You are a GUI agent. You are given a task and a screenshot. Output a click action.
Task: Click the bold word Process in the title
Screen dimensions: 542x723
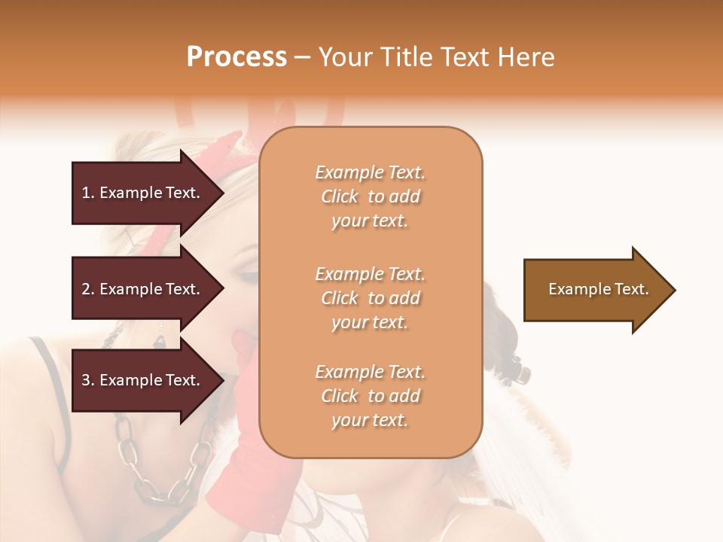[x=236, y=57]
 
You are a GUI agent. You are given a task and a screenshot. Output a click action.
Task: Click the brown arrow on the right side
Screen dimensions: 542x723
[x=595, y=289]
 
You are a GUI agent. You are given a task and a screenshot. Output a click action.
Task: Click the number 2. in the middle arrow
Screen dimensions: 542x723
[x=88, y=289]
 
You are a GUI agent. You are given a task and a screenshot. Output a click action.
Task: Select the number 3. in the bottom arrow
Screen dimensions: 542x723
[x=88, y=380]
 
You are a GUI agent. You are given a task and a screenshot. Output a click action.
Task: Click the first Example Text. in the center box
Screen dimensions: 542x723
[x=370, y=172]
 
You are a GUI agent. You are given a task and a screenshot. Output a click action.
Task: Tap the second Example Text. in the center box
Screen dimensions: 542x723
[x=370, y=273]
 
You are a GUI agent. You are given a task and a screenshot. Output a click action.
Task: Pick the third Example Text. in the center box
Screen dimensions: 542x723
[x=370, y=372]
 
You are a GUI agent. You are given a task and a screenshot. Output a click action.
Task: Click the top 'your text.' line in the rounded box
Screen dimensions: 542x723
[x=370, y=221]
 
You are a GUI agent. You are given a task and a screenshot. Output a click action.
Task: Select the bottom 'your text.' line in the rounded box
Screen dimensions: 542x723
[x=370, y=420]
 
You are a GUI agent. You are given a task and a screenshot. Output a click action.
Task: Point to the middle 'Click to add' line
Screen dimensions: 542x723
[x=370, y=298]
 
